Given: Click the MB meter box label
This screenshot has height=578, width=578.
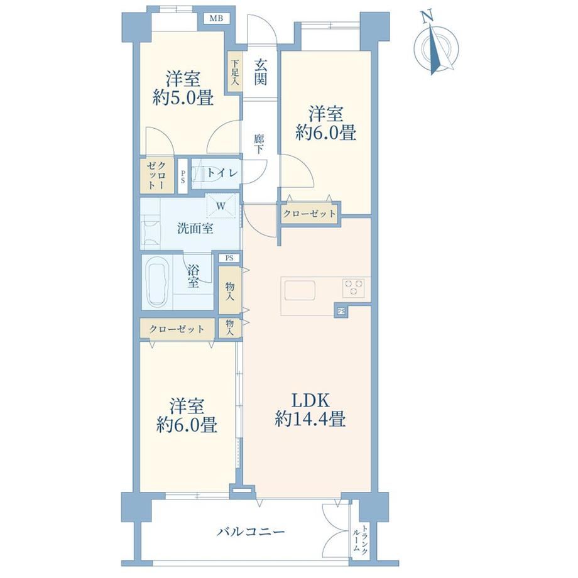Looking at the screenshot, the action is pyautogui.click(x=216, y=18).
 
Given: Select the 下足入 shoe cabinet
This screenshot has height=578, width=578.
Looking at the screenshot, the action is pyautogui.click(x=235, y=74).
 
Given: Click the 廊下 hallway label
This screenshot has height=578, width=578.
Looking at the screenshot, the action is pyautogui.click(x=259, y=144).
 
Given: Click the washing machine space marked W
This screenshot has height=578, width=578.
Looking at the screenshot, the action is pyautogui.click(x=221, y=205).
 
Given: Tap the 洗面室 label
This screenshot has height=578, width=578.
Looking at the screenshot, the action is pyautogui.click(x=195, y=229).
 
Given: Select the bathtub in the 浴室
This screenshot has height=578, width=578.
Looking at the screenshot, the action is pyautogui.click(x=158, y=282).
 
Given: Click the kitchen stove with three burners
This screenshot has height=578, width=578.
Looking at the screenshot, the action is pyautogui.click(x=354, y=288).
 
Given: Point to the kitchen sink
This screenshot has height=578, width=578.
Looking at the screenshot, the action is pyautogui.click(x=299, y=290).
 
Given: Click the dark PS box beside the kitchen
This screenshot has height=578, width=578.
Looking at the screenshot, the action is pyautogui.click(x=341, y=312).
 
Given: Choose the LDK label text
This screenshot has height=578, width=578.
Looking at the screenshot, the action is pyautogui.click(x=310, y=400).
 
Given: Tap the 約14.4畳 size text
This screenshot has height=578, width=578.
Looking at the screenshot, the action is pyautogui.click(x=310, y=419).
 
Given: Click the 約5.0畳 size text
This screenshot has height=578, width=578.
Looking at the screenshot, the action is pyautogui.click(x=183, y=99).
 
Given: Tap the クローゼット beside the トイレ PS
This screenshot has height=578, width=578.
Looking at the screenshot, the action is pyautogui.click(x=157, y=176).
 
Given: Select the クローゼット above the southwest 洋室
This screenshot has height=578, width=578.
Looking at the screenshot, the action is pyautogui.click(x=177, y=329).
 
